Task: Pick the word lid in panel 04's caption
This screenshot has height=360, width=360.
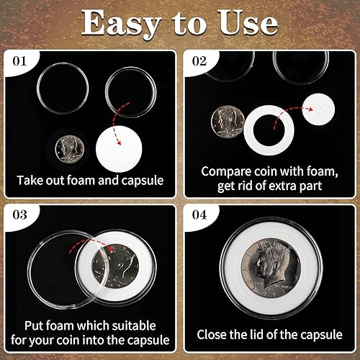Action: (x=266, y=335)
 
